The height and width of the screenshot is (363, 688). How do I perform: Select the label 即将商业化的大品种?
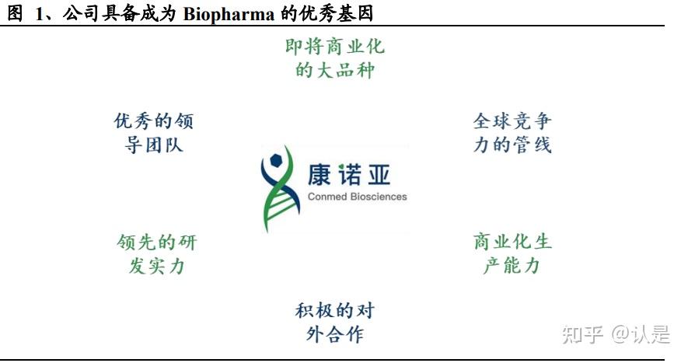click(335, 58)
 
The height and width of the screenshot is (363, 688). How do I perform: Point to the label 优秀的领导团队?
click(154, 133)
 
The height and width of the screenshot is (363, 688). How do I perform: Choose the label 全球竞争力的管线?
click(512, 133)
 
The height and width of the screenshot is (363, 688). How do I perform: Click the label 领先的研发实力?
click(155, 253)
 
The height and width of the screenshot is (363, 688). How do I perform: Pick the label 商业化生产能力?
click(512, 253)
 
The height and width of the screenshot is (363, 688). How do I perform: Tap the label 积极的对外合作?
click(334, 323)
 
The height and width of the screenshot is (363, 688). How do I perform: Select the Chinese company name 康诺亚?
click(358, 174)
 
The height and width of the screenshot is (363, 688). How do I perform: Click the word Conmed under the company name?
click(326, 197)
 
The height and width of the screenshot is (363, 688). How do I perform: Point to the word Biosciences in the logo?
click(377, 197)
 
